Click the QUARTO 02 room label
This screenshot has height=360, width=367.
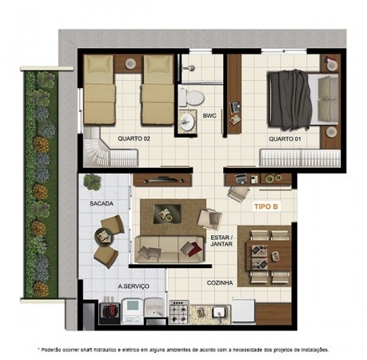point(134,138)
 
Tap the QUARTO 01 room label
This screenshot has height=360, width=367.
point(285,139)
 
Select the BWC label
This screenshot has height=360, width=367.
point(209,116)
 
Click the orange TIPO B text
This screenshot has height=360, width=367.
point(266,206)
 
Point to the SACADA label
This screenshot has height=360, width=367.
point(102,204)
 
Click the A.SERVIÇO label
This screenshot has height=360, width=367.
point(134,286)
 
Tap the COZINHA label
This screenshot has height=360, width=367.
point(220,283)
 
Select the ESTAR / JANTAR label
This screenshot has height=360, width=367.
point(221,241)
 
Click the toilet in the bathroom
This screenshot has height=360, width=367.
point(192,98)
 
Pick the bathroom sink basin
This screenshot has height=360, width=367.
point(187,122)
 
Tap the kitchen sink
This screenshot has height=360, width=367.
point(221,313)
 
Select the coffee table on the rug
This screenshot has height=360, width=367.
point(167,214)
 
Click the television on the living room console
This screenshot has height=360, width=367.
point(162,180)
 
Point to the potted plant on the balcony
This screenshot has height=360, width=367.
point(92,182)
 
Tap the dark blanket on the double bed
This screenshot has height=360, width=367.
point(290,100)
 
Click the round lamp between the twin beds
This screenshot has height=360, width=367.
point(130,63)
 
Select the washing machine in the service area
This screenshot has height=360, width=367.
point(133,311)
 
